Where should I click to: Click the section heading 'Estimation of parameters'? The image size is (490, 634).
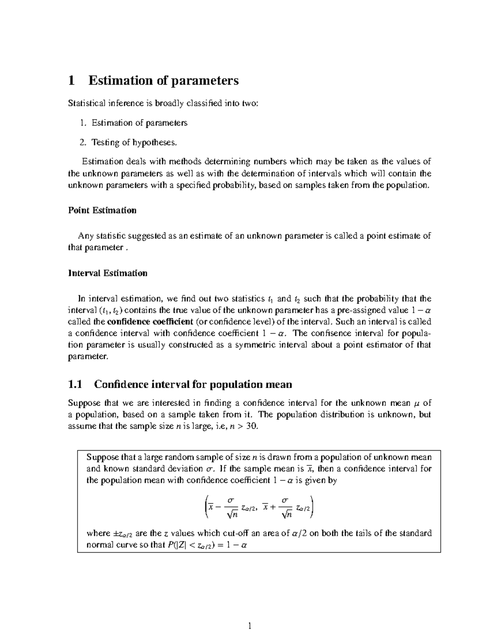point(163,80)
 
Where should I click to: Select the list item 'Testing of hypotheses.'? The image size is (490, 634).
point(135,142)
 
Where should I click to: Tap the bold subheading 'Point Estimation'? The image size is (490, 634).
point(102,210)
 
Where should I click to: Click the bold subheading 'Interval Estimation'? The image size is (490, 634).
point(107,273)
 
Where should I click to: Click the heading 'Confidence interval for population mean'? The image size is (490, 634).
point(193,385)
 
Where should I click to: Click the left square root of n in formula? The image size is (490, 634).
point(231,515)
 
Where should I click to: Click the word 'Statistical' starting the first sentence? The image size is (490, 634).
point(86,103)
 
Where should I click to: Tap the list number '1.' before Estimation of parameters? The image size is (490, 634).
point(83,123)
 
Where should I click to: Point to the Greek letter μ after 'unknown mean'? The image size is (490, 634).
point(417,403)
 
